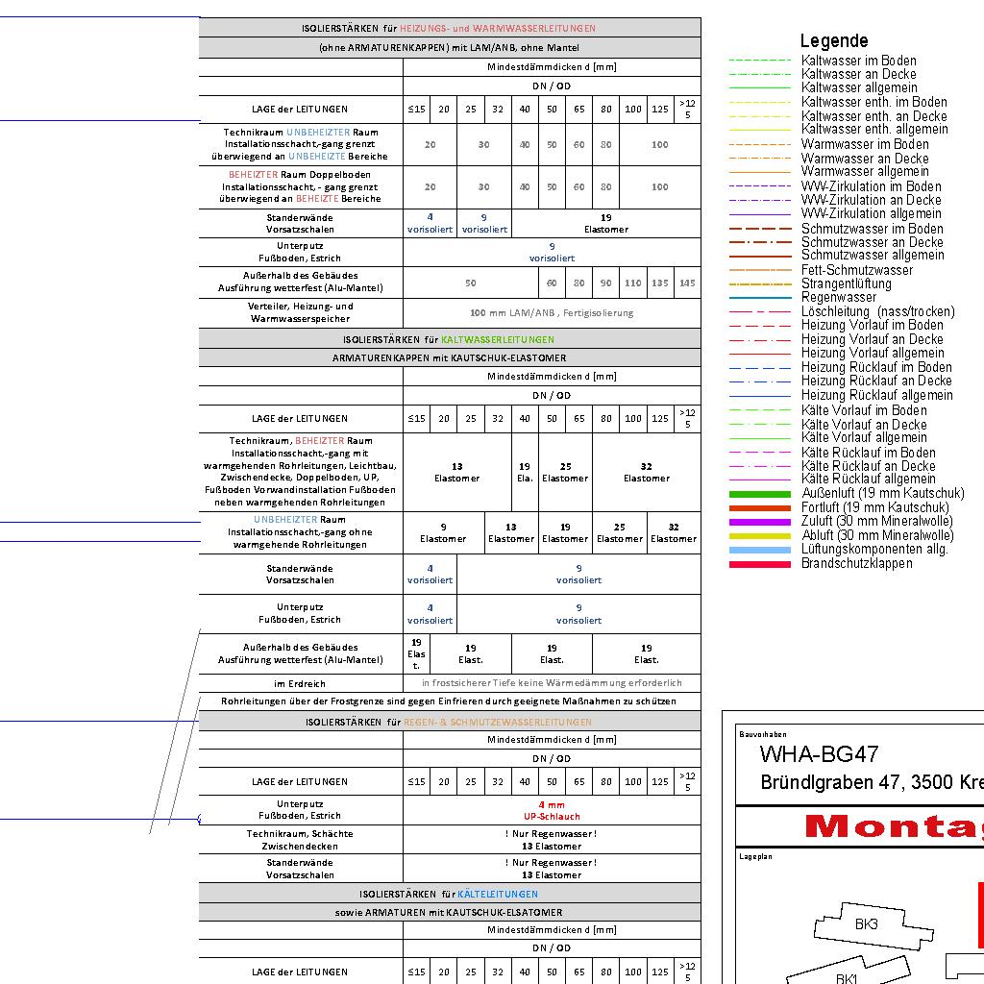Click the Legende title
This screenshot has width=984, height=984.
(833, 40)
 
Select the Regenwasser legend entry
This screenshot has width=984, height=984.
(839, 298)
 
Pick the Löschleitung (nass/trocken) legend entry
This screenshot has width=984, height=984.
(877, 311)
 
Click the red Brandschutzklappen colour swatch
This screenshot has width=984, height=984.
(758, 564)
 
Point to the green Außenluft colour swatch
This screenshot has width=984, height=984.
(758, 494)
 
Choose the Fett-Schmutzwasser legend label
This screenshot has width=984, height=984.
(857, 270)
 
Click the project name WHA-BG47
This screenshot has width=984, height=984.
(819, 754)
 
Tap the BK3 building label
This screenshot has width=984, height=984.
(866, 924)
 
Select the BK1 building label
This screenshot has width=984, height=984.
(846, 978)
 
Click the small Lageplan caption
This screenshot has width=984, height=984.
(755, 856)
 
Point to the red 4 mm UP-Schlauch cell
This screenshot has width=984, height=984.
(552, 809)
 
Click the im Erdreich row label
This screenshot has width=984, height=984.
(300, 683)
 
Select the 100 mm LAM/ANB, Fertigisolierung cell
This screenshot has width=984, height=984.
(552, 312)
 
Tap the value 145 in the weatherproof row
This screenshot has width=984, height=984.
(687, 283)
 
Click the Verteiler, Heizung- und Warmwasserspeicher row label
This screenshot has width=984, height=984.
(300, 312)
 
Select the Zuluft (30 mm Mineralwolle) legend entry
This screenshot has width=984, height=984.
(876, 522)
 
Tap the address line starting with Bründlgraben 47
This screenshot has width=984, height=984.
(871, 782)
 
